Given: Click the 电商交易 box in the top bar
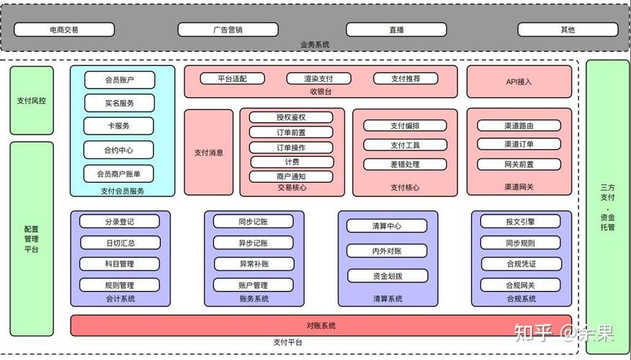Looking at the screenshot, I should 64,30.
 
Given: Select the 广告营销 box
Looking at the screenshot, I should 228,30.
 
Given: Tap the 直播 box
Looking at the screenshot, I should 396,30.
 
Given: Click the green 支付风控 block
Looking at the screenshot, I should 32,101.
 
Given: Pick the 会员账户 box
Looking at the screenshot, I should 120,80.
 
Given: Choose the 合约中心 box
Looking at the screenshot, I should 120,150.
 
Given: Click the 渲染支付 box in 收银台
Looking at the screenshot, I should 318,78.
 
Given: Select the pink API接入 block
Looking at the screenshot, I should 519,81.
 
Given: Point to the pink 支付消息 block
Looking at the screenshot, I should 209,152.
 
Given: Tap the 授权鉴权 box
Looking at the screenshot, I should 291,117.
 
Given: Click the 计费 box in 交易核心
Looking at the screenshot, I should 291,162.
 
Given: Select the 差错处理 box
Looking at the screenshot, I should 405,164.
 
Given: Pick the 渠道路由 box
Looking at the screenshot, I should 519,125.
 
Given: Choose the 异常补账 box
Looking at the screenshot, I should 253,264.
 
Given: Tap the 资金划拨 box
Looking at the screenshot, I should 387,275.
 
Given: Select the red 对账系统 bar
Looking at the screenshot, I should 321,325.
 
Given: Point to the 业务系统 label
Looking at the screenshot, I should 315,45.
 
